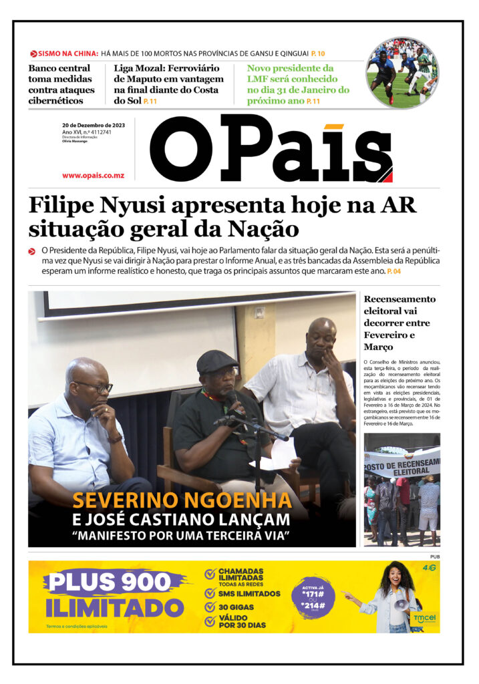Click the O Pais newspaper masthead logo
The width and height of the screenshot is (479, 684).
271,149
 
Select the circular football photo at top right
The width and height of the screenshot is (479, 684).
402,73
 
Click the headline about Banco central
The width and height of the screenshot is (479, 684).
59,84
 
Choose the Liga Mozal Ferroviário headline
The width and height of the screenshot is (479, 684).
166,84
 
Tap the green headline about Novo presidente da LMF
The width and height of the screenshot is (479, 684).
298,84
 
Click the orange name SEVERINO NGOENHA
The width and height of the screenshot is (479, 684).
182,501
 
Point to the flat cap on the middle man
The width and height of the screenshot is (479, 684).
216,361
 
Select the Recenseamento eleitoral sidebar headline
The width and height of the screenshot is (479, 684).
400,323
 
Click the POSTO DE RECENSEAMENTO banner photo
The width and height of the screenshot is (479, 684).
402,489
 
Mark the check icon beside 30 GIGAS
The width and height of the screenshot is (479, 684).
210,608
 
